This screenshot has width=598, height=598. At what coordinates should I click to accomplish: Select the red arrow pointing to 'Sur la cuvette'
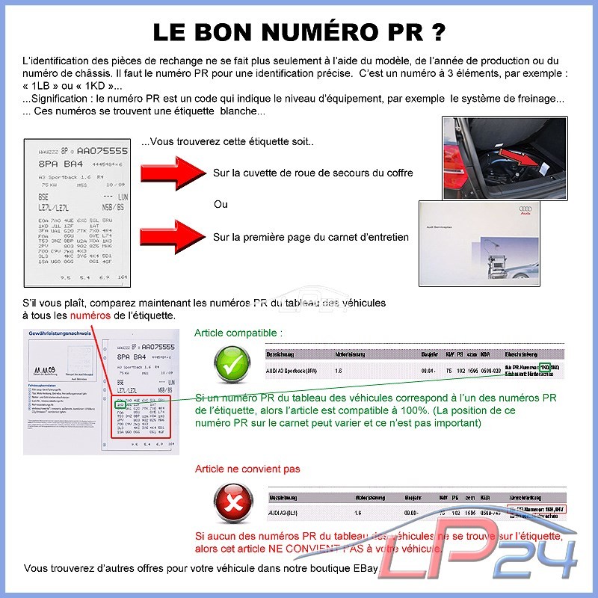click(x=173, y=173)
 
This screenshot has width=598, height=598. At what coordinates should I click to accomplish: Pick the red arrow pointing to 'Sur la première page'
click(x=173, y=238)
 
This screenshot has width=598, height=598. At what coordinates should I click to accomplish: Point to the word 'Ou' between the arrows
click(x=221, y=205)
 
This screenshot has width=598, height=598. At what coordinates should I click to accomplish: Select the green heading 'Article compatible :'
click(x=238, y=333)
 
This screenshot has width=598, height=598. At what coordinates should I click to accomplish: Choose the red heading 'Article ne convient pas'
click(x=247, y=469)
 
